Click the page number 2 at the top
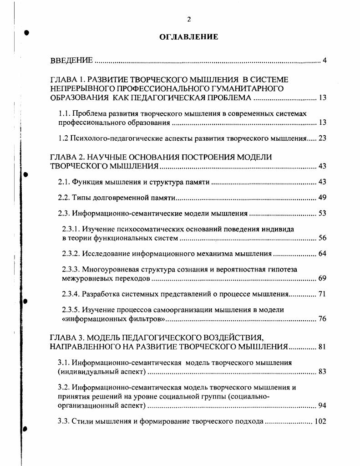click(189, 19)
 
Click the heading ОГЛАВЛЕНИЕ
click(189, 37)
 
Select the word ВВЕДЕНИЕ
click(71, 61)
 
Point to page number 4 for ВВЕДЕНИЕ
click(325, 61)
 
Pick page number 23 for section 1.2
click(322, 138)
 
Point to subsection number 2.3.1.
click(71, 229)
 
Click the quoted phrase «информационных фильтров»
click(114, 319)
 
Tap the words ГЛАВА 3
click(66, 338)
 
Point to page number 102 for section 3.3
click(320, 421)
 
